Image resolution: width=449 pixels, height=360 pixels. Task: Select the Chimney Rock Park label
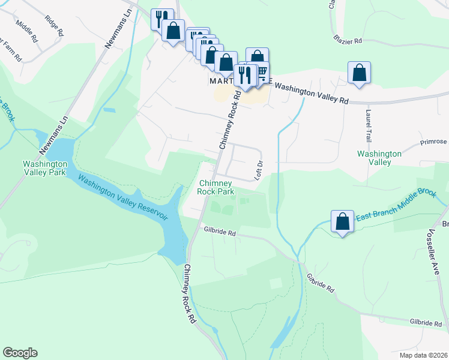[x=215, y=187]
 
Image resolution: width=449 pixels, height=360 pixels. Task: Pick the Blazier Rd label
[x=348, y=40]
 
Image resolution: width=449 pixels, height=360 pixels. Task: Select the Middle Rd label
[x=27, y=28]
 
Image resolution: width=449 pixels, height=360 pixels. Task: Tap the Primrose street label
[x=434, y=142]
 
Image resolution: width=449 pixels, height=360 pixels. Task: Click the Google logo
[x=20, y=353]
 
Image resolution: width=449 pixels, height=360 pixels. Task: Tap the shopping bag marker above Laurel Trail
[x=359, y=73]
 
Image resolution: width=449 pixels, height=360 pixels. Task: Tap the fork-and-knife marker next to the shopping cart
[x=244, y=75]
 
